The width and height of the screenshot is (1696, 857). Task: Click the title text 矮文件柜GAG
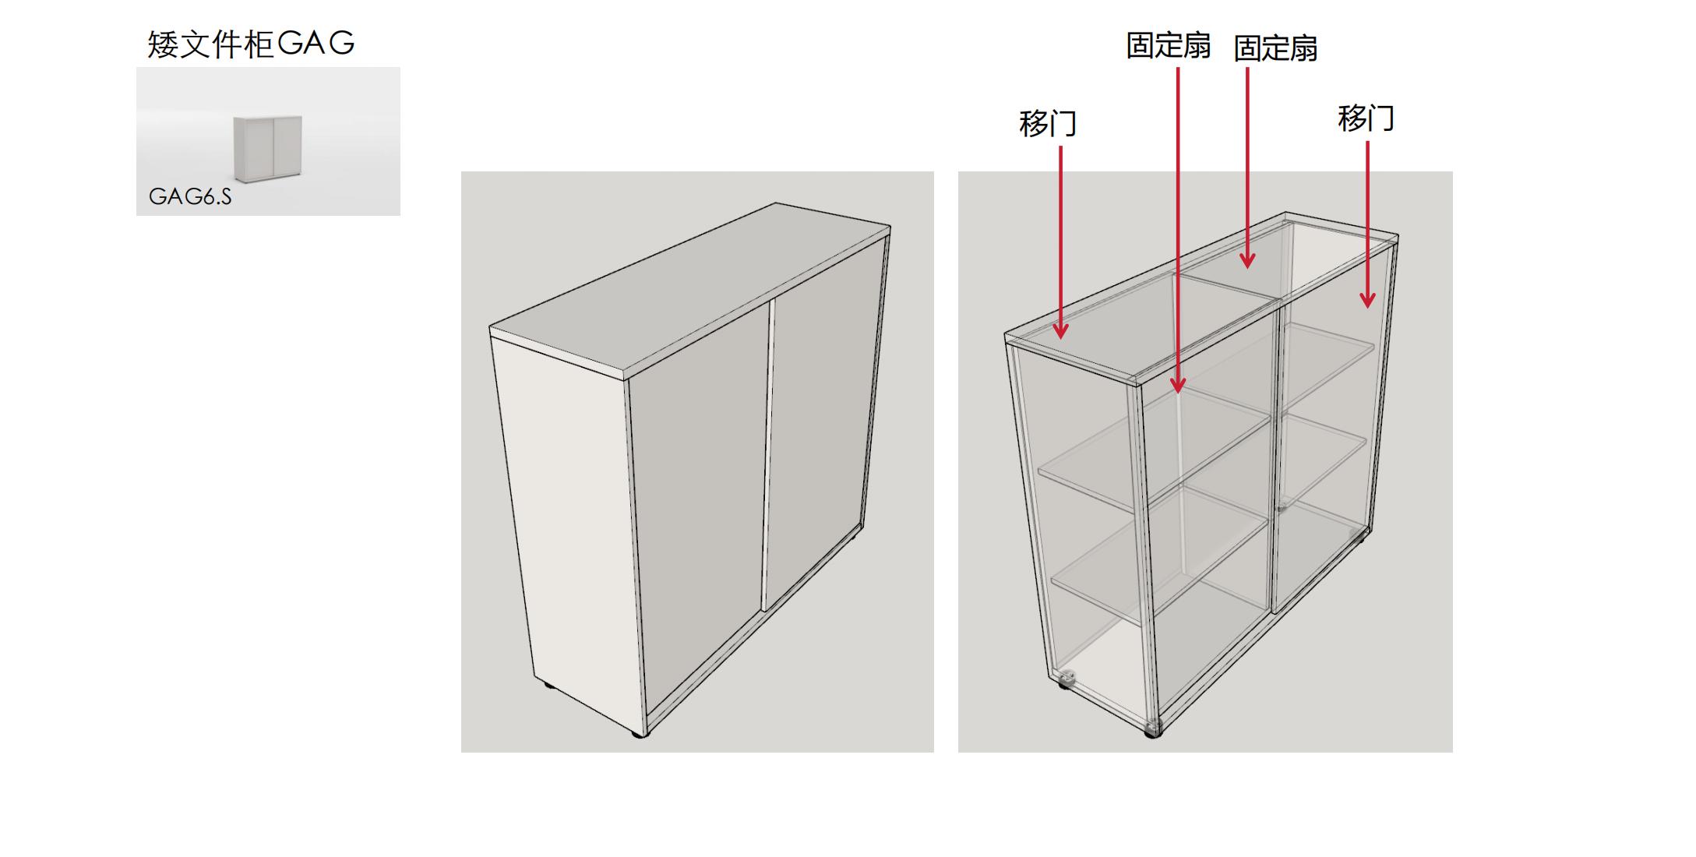click(x=251, y=44)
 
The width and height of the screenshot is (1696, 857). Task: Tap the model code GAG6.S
click(x=190, y=196)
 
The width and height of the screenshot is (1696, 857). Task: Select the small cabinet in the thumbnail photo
click(x=267, y=149)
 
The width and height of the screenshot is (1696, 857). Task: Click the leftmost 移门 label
click(x=1048, y=124)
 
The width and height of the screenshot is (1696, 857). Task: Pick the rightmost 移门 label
click(x=1366, y=118)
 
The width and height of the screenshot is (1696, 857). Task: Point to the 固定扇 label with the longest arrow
click(x=1168, y=46)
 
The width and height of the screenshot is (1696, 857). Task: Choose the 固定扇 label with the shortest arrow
click(x=1275, y=48)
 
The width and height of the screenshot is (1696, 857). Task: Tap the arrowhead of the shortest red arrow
click(x=1247, y=260)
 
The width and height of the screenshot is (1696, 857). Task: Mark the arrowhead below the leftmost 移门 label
click(x=1061, y=330)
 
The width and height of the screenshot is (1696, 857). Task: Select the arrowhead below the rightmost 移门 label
click(x=1367, y=299)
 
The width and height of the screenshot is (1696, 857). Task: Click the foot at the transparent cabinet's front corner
click(x=1153, y=729)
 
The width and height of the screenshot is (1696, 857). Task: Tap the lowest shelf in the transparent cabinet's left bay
click(x=1159, y=552)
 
